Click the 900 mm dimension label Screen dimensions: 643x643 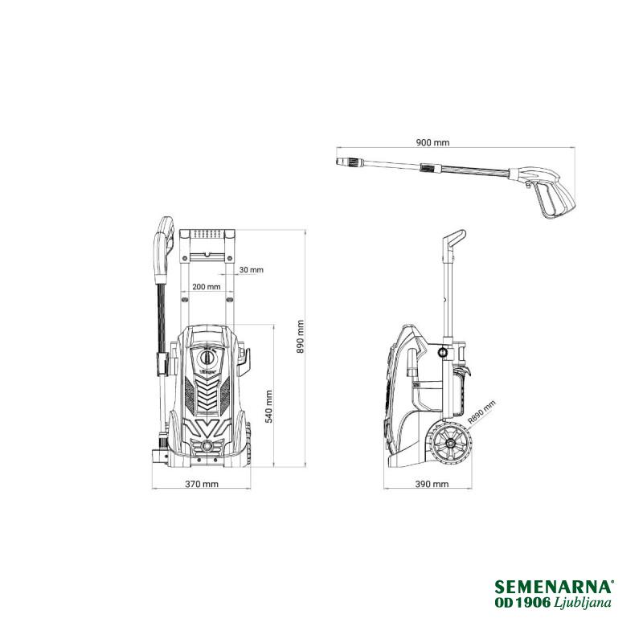click(432, 143)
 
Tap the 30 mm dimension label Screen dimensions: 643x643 click(251, 270)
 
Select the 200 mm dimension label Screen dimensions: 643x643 click(207, 287)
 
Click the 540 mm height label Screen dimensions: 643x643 click(268, 407)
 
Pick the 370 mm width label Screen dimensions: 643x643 click(202, 484)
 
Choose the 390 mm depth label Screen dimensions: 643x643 click(432, 484)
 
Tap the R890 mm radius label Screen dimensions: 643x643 click(481, 412)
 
